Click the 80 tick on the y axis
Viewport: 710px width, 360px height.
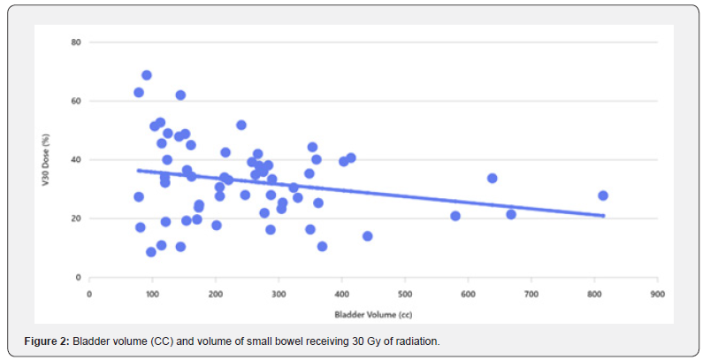77,42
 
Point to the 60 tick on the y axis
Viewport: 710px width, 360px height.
77,101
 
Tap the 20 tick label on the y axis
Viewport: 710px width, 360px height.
77,218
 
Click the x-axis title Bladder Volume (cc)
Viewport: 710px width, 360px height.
373,314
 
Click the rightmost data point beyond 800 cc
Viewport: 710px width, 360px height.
603,195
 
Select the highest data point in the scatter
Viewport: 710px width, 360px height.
147,75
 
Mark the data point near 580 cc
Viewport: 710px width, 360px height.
455,216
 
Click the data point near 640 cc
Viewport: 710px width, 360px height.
492,178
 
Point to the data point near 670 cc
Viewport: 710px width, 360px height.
511,214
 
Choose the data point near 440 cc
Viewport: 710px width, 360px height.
367,236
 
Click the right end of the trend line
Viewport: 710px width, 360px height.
604,215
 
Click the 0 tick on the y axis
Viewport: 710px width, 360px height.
79,278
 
